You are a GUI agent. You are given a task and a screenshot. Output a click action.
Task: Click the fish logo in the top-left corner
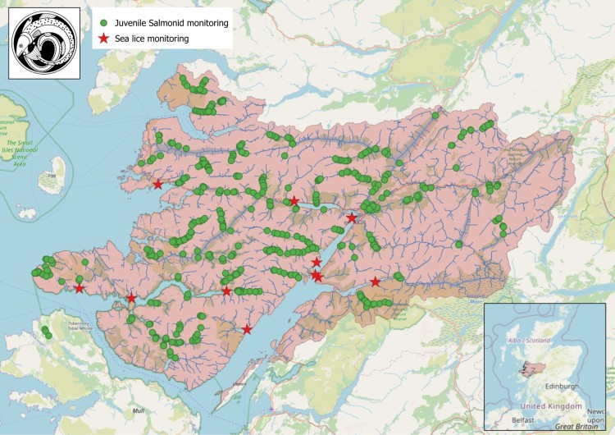click(x=44, y=43)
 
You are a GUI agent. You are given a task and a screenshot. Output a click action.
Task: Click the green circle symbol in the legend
click(x=103, y=23)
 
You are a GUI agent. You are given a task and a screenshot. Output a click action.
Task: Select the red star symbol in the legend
click(x=103, y=38)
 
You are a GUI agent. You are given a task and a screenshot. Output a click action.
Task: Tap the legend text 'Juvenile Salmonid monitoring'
click(x=171, y=23)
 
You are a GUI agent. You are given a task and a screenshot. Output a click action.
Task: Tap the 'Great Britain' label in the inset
click(x=574, y=425)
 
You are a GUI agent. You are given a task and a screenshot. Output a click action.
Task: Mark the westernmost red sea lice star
click(x=79, y=287)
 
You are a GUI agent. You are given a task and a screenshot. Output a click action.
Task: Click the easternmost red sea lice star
click(x=376, y=282)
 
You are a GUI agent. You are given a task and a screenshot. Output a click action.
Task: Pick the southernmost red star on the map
click(x=247, y=329)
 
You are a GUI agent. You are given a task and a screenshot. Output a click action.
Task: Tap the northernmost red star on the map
click(x=157, y=184)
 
